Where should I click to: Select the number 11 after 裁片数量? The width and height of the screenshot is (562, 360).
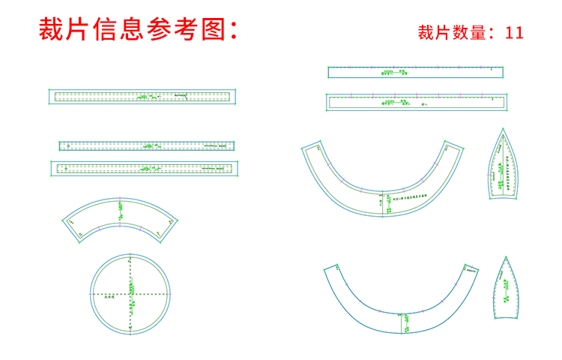514,32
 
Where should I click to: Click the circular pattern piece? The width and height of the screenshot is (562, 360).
130,293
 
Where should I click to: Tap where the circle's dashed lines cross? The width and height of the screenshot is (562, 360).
130,293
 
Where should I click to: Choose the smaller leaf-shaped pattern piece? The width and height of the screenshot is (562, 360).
507,289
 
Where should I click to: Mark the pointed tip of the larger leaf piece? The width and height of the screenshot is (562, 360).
503,129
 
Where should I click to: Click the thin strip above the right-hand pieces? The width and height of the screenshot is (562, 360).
415,72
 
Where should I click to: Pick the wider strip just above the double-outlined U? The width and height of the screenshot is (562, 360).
417,102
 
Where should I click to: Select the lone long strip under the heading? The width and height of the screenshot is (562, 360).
142,96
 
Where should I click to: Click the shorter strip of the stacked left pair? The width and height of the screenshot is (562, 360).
147,145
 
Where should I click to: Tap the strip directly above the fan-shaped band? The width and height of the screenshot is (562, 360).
144,168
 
